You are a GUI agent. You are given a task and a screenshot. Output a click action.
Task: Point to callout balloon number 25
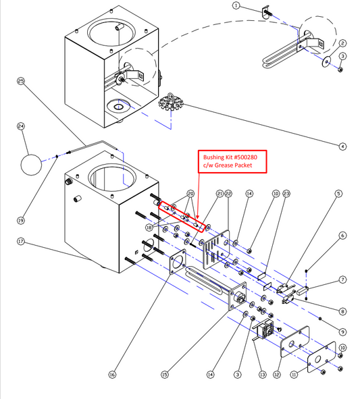click(21, 81)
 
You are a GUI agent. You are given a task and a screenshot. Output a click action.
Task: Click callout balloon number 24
click(21, 126)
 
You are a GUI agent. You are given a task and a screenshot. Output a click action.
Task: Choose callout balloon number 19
click(21, 220)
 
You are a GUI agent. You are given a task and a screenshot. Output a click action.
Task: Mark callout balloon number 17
click(21, 241)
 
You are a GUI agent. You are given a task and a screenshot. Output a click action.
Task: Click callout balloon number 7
click(343, 279)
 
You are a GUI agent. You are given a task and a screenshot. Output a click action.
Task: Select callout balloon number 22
click(228, 194)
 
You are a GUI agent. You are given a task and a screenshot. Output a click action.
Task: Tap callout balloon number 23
click(286, 194)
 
